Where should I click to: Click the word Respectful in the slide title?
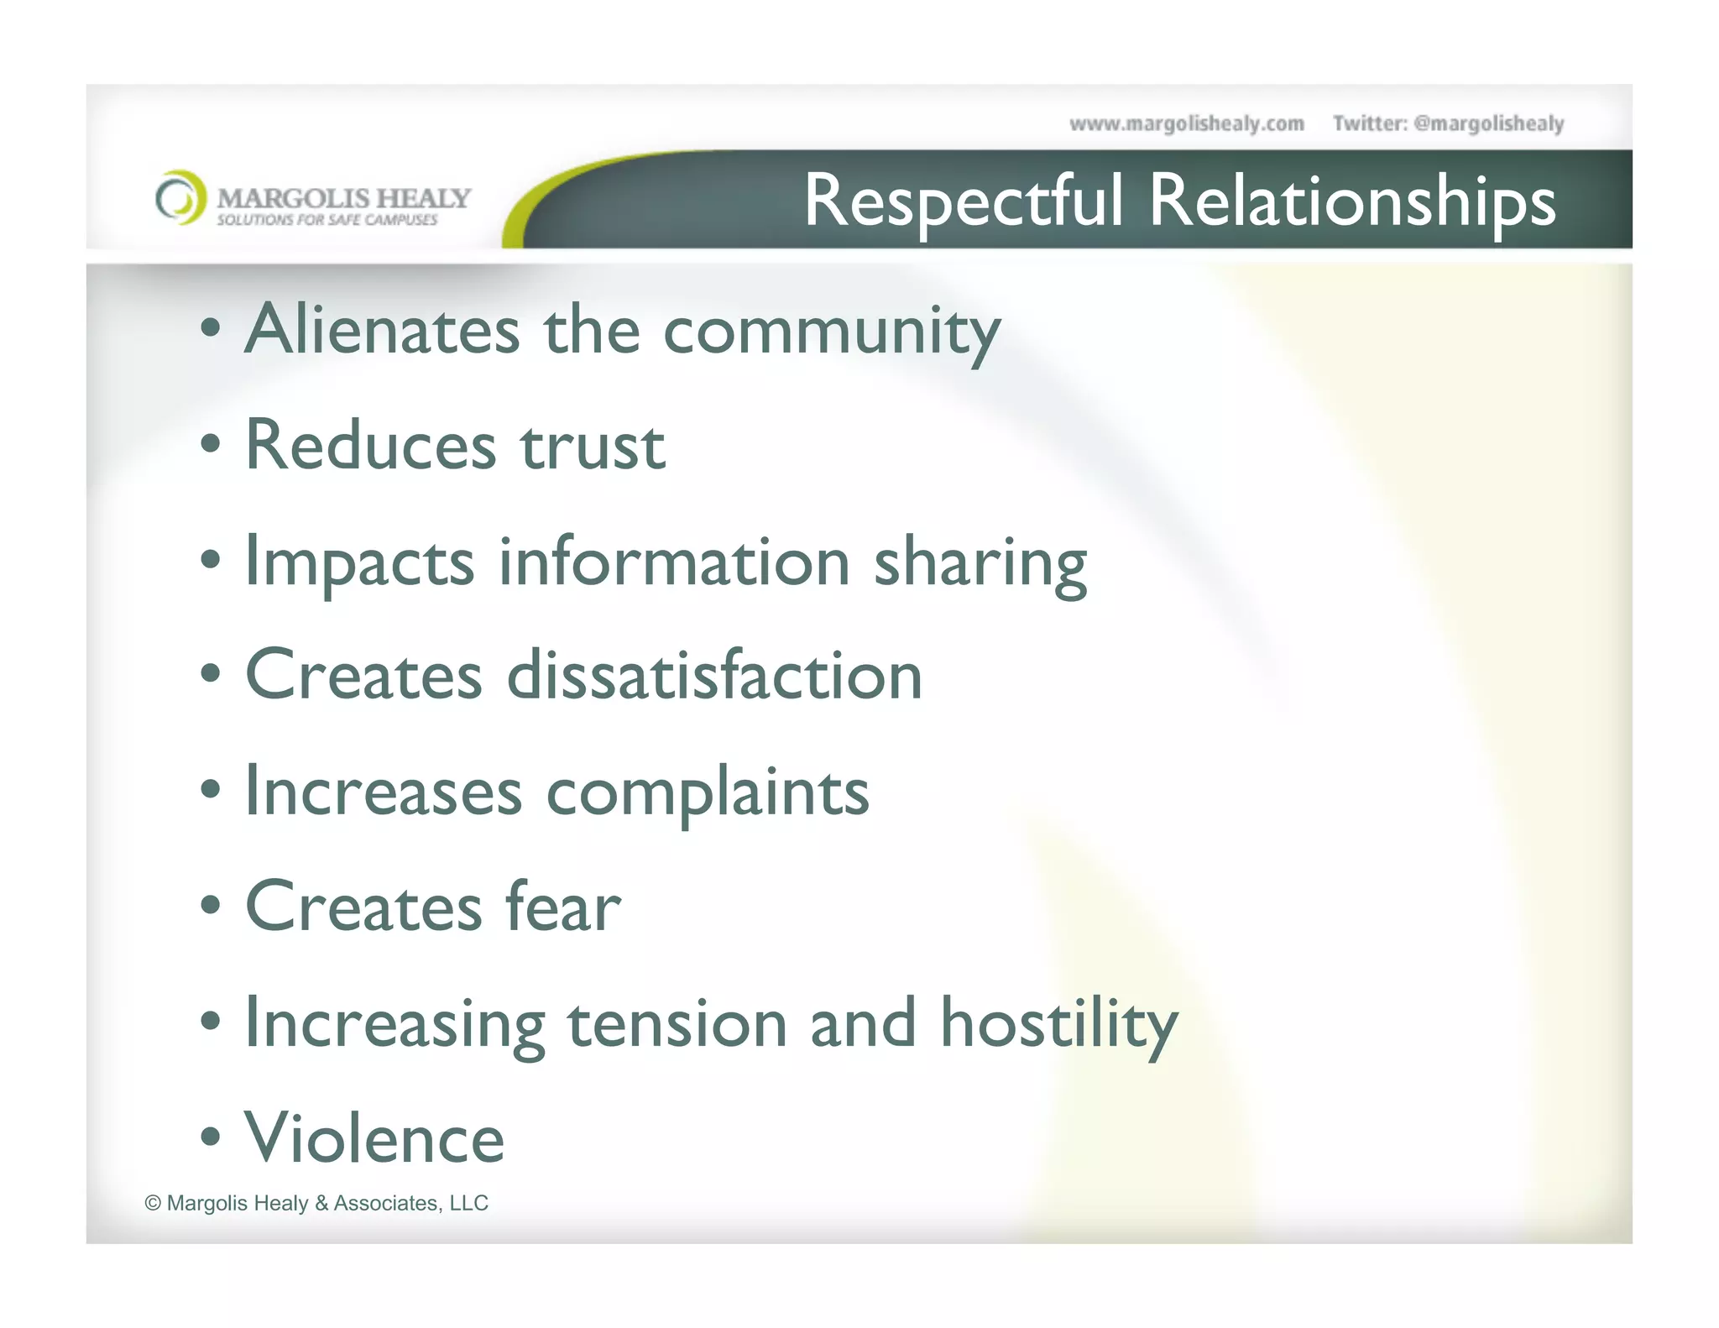point(963,201)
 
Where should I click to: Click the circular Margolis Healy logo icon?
point(180,198)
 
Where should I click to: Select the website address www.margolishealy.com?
point(1186,124)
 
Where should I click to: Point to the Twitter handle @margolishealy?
point(1488,124)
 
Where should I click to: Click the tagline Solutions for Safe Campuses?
point(327,220)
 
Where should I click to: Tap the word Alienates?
point(382,329)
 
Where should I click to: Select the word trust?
point(593,446)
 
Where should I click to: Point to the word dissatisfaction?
point(714,676)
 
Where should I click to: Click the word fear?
point(562,907)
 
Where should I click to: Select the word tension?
point(677,1023)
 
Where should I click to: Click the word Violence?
point(374,1138)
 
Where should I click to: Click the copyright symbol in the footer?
point(153,1203)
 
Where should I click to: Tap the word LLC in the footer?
point(468,1203)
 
